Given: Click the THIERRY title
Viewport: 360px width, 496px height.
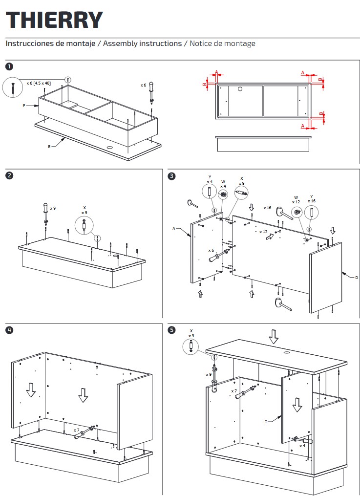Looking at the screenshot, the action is (x=54, y=20).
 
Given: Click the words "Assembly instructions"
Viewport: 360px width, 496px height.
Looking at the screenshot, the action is (x=142, y=43).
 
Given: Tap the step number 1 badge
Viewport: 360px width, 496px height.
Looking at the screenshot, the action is (x=9, y=66).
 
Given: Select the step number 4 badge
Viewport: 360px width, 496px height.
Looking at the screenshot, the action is (x=9, y=330).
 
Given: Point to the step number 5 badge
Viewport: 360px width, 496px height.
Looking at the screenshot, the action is (x=171, y=330).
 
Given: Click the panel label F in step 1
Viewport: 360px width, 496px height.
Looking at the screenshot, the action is (x=24, y=106).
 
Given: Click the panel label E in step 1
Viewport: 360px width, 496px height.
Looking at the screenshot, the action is (x=49, y=147).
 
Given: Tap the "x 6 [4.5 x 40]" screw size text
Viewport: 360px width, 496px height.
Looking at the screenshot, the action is (x=39, y=83).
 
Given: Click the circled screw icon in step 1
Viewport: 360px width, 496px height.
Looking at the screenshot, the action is (x=13, y=87).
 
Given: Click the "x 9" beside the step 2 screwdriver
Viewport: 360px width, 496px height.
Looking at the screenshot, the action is (x=53, y=209).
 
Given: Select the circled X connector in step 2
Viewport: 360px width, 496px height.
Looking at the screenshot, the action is (x=84, y=226).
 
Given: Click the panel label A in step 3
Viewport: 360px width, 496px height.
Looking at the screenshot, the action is (x=174, y=228).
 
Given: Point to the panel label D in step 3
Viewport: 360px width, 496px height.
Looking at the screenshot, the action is (x=357, y=278).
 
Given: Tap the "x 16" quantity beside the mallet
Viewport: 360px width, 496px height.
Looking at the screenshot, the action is (x=267, y=208).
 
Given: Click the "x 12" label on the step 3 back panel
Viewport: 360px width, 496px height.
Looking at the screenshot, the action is (x=263, y=232).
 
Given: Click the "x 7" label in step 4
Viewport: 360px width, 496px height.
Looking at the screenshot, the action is (x=77, y=430).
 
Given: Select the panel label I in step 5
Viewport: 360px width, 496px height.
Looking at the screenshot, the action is (x=266, y=422).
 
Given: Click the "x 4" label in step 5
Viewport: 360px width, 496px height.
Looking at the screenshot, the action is (x=302, y=446).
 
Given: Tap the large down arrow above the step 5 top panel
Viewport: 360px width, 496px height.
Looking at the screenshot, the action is (x=274, y=337).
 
